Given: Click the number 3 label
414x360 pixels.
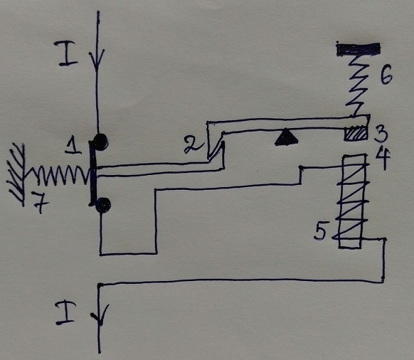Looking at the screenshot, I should (381, 132).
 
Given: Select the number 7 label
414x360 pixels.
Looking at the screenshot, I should (43, 206).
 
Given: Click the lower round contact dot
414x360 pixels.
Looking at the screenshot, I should (105, 205).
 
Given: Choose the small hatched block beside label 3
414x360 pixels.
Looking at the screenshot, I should (356, 134).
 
